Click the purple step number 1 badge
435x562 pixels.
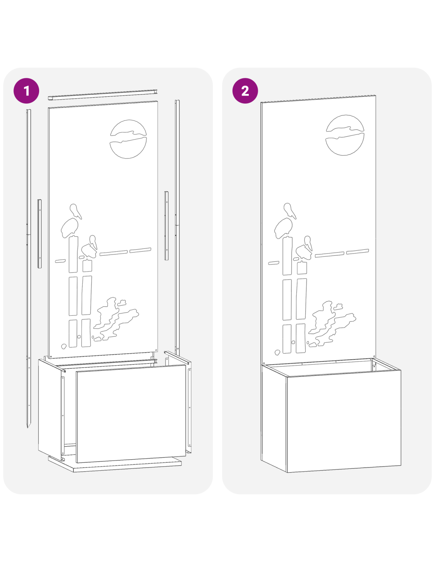(26, 91)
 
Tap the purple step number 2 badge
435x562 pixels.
(245, 91)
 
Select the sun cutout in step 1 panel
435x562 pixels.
(128, 139)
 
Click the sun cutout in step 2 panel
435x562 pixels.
(345, 135)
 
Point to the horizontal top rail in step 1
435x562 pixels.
(102, 95)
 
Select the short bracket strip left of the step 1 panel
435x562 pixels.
(39, 234)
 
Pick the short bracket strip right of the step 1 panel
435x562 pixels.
(166, 226)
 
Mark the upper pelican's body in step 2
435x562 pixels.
(283, 228)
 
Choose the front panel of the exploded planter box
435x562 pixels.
(131, 413)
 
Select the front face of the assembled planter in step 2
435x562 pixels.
(344, 421)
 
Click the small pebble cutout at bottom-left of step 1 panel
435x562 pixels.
(63, 346)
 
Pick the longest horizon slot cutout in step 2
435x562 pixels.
(329, 255)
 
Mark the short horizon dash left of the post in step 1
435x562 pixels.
(60, 261)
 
